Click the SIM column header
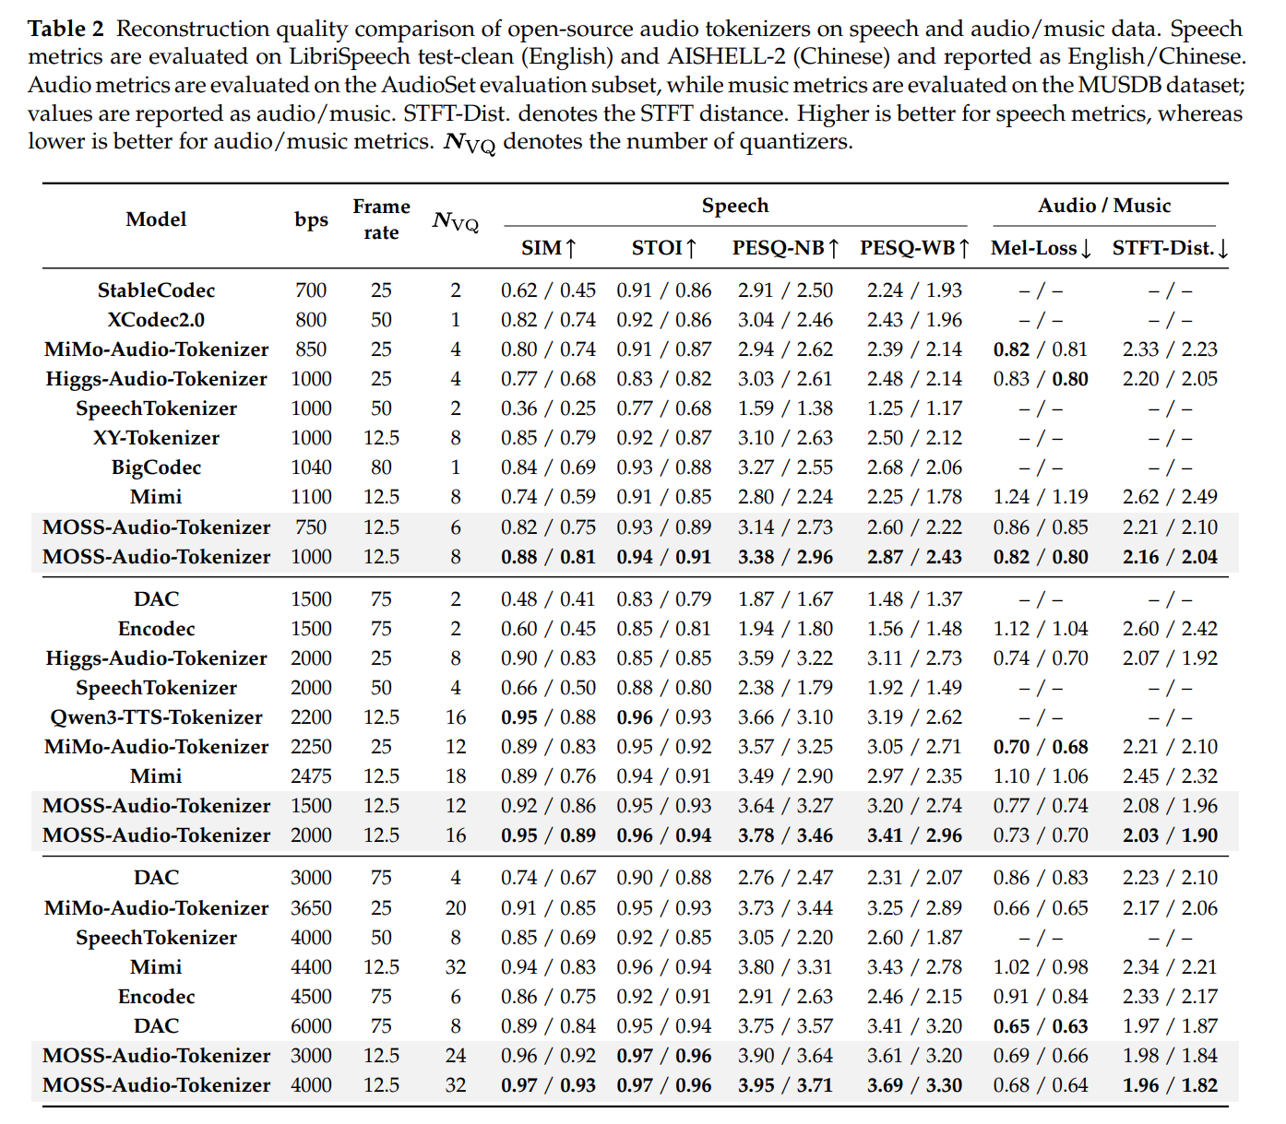pos(548,247)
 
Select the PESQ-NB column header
pos(785,247)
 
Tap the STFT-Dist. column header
pos(1169,247)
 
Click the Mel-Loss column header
pos(1041,247)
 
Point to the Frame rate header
pos(381,219)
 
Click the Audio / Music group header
pos(1104,206)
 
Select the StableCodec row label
pos(156,290)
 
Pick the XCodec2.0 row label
pos(156,320)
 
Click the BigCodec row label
pos(156,467)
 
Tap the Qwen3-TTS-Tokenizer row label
pos(156,717)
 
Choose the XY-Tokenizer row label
pos(156,438)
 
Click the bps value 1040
pos(311,467)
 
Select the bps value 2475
pos(311,776)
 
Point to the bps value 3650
pos(311,908)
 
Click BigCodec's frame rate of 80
pos(381,467)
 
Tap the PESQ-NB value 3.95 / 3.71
pos(785,1085)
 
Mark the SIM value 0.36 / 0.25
pos(548,408)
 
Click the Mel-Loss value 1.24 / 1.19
pos(1041,497)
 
